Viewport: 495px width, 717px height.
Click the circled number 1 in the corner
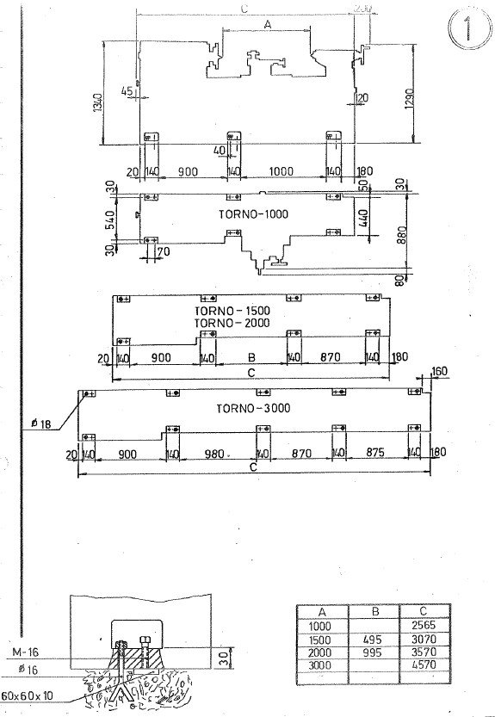(466, 28)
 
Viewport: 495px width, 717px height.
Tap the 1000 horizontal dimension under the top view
(281, 171)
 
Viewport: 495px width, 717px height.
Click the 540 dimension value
(108, 219)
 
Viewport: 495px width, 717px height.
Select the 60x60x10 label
(28, 695)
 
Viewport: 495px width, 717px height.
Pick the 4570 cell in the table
(428, 665)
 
